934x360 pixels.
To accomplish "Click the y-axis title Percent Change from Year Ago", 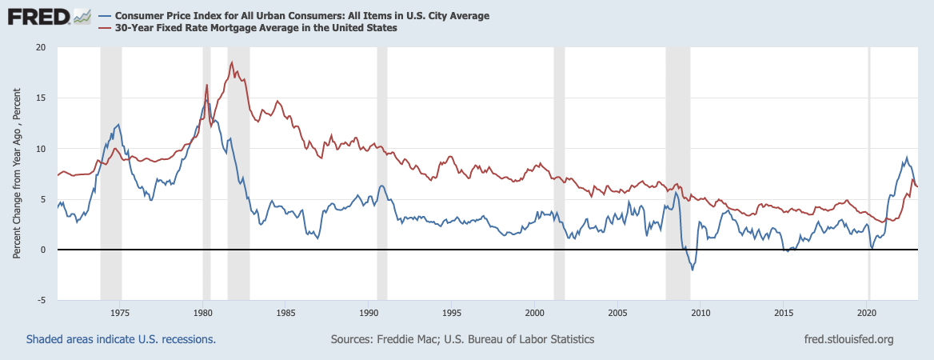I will tap(17, 174).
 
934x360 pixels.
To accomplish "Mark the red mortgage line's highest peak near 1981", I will tap(231, 62).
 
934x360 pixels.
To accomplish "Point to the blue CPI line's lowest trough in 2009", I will tap(692, 270).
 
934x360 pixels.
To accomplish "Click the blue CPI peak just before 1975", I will tap(118, 125).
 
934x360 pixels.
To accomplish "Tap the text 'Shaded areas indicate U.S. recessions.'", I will tap(121, 339).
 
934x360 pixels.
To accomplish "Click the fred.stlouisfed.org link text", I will tap(848, 339).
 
